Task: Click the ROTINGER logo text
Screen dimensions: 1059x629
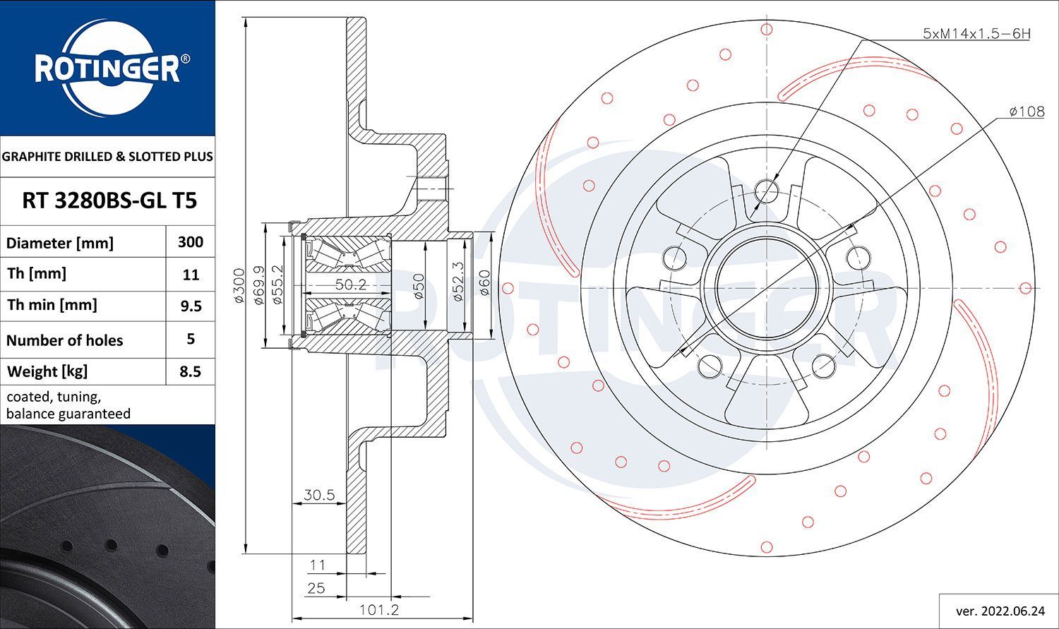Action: pyautogui.click(x=108, y=69)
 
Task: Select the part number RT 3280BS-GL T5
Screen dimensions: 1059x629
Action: pyautogui.click(x=109, y=201)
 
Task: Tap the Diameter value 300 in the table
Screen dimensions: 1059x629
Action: pyautogui.click(x=191, y=242)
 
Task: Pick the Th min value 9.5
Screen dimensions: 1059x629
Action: pyautogui.click(x=191, y=306)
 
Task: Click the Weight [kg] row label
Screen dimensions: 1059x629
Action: pyautogui.click(x=47, y=372)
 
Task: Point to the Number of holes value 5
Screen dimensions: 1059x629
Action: pyautogui.click(x=191, y=339)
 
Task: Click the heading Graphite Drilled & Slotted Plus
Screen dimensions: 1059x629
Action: pyautogui.click(x=107, y=157)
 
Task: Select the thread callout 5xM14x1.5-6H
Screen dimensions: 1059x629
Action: pyautogui.click(x=976, y=34)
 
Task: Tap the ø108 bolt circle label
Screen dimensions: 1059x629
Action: pyautogui.click(x=1027, y=112)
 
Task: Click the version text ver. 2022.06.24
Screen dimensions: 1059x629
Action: pyautogui.click(x=1000, y=611)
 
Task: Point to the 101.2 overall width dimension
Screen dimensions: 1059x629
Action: pyautogui.click(x=379, y=610)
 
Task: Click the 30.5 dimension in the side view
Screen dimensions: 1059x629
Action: pyautogui.click(x=319, y=495)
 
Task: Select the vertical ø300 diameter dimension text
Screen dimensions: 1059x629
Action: pyautogui.click(x=239, y=285)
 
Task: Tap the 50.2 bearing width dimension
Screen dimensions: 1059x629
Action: pyautogui.click(x=351, y=284)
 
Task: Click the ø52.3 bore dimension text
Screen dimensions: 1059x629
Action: pyautogui.click(x=457, y=282)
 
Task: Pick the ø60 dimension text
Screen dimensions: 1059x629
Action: pyautogui.click(x=484, y=282)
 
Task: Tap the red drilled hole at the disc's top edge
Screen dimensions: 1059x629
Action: pyautogui.click(x=766, y=30)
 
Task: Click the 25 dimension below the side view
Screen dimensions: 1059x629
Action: pyautogui.click(x=316, y=588)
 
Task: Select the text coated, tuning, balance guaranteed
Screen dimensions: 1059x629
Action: pyautogui.click(x=68, y=405)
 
